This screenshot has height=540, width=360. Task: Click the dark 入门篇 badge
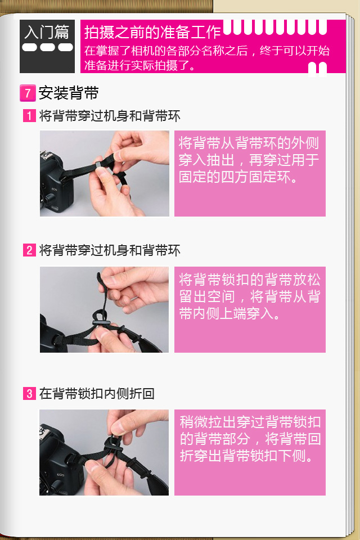tap(47, 46)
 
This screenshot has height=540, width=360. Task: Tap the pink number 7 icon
tap(28, 93)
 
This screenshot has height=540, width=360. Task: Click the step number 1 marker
tap(29, 116)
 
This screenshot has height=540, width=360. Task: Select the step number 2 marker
tap(29, 250)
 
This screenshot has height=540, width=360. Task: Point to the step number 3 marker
tap(29, 393)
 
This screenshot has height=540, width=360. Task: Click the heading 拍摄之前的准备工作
tap(152, 32)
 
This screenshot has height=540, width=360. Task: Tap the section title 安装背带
tap(69, 93)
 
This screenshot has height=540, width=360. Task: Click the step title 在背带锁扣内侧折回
tap(97, 393)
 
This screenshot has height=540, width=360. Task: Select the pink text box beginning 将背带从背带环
tap(250, 173)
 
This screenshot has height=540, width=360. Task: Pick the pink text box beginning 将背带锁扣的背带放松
tap(250, 309)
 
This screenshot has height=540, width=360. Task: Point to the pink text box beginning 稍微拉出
tap(250, 452)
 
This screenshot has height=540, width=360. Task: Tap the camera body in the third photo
tap(59, 461)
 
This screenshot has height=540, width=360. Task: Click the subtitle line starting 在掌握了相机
tap(206, 51)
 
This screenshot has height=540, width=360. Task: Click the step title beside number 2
tap(110, 250)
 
